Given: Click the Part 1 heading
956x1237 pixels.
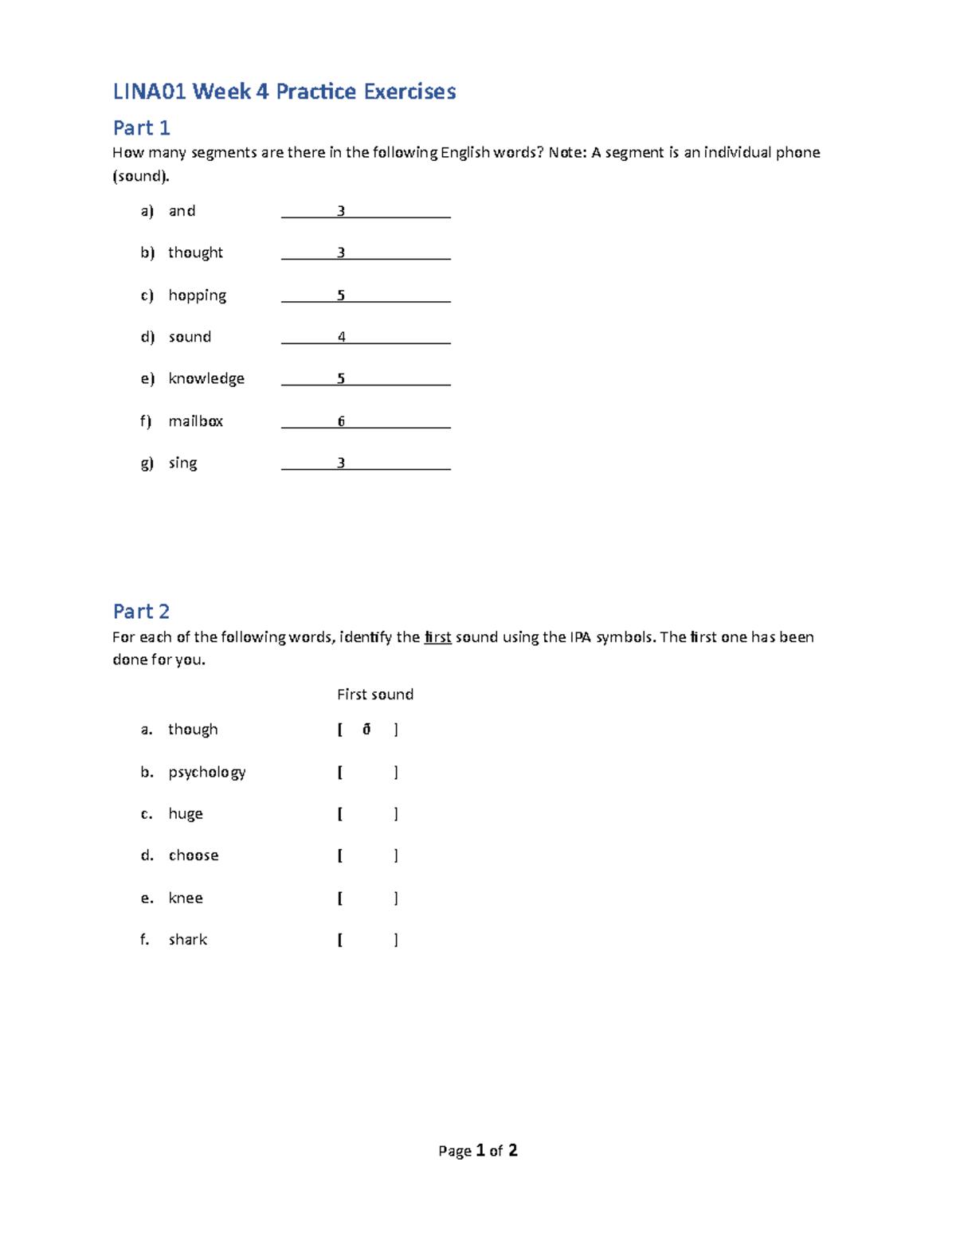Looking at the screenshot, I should click(141, 127).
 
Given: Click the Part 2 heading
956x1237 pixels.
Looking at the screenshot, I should click(141, 611).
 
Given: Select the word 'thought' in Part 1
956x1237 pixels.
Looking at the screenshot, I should click(195, 252).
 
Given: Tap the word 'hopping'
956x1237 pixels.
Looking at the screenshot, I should click(197, 296).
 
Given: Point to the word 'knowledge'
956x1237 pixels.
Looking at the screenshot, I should click(206, 378).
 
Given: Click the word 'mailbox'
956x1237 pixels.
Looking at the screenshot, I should click(195, 421).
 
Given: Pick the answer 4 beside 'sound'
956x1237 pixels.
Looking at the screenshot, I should click(341, 337).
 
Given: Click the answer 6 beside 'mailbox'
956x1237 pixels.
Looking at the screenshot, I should click(341, 421).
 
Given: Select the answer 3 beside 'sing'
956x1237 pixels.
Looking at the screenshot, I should click(341, 463).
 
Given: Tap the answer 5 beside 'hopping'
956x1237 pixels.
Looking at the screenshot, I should click(341, 296).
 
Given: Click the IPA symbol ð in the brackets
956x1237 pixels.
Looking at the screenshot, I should click(366, 729).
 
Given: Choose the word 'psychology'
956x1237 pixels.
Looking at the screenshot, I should click(206, 773).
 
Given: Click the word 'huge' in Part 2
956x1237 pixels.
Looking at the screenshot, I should click(186, 814).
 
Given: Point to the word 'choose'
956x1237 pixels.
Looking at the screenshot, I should click(194, 855).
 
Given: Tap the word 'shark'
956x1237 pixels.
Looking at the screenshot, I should click(187, 940).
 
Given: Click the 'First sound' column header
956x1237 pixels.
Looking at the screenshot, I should click(374, 695).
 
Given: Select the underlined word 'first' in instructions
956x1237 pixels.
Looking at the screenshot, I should click(437, 637).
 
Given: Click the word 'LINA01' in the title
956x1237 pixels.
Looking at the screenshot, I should click(149, 92).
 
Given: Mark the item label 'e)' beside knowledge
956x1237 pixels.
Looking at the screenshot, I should click(147, 378).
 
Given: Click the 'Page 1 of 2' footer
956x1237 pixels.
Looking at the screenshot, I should click(478, 1150).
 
